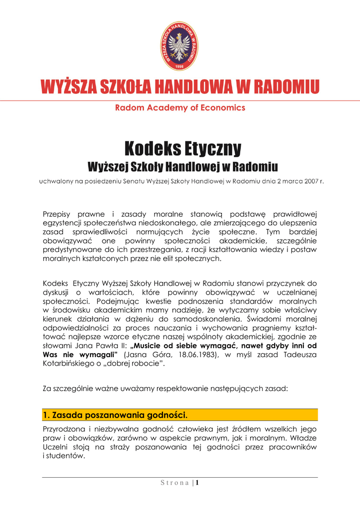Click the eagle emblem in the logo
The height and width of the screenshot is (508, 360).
pyautogui.click(x=180, y=46)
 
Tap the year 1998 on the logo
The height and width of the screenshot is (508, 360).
pyautogui.click(x=180, y=65)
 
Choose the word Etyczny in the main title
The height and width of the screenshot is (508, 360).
pyautogui.click(x=212, y=148)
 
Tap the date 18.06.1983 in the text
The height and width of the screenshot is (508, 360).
pyautogui.click(x=191, y=355)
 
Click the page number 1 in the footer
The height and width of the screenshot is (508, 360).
pyautogui.click(x=197, y=483)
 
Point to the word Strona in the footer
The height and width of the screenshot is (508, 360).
pyautogui.click(x=174, y=484)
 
